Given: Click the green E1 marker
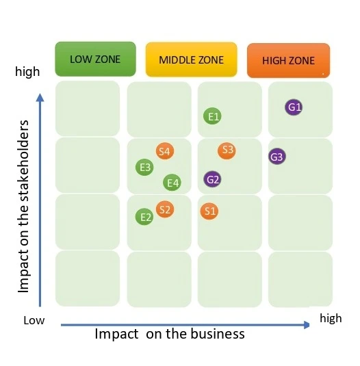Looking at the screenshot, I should (214, 116).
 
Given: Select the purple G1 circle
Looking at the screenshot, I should (295, 107).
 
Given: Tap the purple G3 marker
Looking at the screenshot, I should (277, 157).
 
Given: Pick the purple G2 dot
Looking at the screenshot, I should (213, 179).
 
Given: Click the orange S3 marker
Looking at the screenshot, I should (227, 150).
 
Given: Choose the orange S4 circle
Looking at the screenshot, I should (164, 151).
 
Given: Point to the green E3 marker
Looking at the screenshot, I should (144, 167).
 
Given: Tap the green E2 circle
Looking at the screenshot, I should (144, 217).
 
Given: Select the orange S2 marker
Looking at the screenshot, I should (164, 209).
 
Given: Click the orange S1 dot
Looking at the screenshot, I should (209, 211).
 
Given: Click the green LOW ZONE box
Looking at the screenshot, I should (95, 59).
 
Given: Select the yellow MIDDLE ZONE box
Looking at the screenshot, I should (191, 60).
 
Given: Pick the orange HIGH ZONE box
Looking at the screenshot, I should (288, 60).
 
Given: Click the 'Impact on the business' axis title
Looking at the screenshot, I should (169, 334).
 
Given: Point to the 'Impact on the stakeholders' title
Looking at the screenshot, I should (24, 206).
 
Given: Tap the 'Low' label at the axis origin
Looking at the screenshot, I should (34, 319).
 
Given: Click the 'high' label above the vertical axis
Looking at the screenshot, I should (27, 71).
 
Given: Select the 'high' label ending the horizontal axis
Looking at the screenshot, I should (330, 318).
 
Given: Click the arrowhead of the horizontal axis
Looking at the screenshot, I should (307, 325).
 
